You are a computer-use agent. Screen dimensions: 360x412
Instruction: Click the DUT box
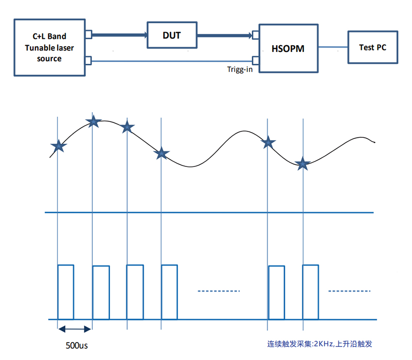tap(172, 34)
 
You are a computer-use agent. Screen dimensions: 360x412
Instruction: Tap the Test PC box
tap(372, 47)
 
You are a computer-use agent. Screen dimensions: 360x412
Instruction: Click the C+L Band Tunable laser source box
tap(50, 47)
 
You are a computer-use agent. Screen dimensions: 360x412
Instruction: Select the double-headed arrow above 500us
tap(74, 329)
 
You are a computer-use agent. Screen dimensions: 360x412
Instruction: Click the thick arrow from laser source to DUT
tap(119, 35)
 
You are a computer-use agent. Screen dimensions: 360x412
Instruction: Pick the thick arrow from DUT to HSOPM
tap(226, 35)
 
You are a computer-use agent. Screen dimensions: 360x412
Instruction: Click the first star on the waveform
tap(58, 145)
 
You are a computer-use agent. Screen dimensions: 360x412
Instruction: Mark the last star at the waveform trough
tap(303, 164)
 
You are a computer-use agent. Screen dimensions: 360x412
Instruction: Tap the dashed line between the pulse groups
tap(219, 291)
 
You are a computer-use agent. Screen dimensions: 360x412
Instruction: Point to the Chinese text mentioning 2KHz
tap(319, 344)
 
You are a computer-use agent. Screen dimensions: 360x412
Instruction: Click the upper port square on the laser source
tap(88, 34)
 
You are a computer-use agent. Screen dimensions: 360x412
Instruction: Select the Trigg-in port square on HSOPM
tap(255, 61)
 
